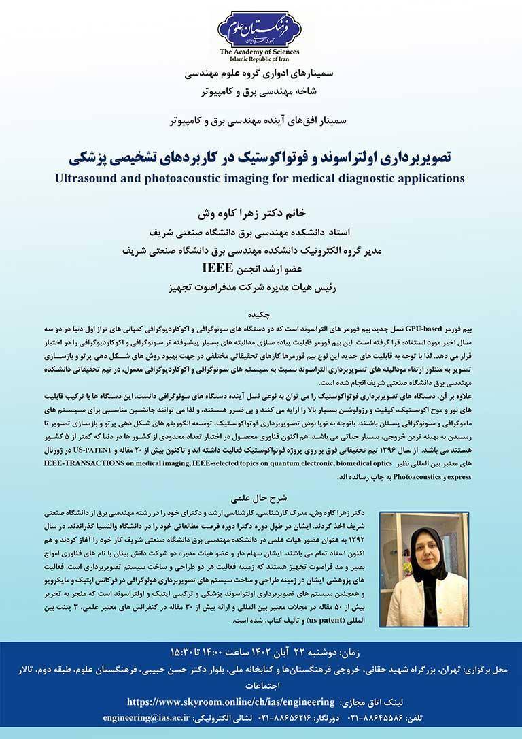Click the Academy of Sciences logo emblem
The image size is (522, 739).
258,28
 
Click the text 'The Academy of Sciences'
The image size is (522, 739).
258,52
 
